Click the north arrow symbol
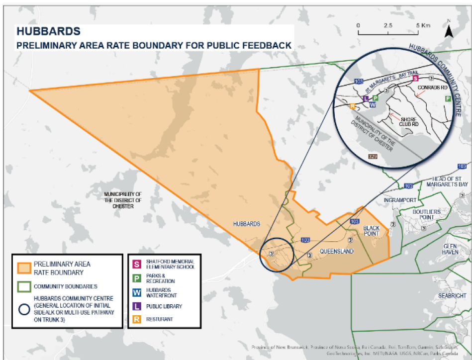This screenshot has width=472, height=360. (x=449, y=31)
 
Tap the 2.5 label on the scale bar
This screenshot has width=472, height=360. (x=387, y=25)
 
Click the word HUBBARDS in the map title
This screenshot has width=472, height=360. (x=48, y=31)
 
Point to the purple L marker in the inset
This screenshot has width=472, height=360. (x=366, y=98)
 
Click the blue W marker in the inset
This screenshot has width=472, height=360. (x=373, y=104)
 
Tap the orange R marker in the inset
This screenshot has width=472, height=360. (x=353, y=106)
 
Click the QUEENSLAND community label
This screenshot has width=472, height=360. (x=336, y=251)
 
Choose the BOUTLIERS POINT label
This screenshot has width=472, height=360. (x=427, y=215)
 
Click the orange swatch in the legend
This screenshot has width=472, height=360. (x=23, y=269)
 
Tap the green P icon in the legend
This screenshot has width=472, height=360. (x=135, y=277)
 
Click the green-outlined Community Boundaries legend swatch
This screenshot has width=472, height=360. (x=23, y=287)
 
